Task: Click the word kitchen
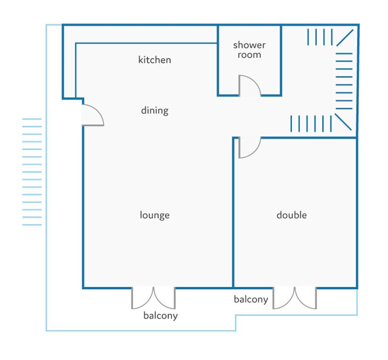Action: pyautogui.click(x=154, y=60)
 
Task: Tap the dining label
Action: pyautogui.click(x=154, y=111)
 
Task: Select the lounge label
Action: pyautogui.click(x=154, y=215)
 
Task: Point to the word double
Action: pyautogui.click(x=291, y=215)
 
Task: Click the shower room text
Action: pyautogui.click(x=249, y=50)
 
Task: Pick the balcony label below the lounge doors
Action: pyautogui.click(x=160, y=316)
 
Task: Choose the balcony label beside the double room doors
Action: pyautogui.click(x=251, y=299)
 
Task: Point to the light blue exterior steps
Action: pyautogui.click(x=32, y=172)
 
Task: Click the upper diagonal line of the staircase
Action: pyautogui.click(x=345, y=38)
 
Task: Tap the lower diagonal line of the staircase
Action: pyautogui.click(x=343, y=122)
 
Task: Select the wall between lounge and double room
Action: pyautogui.click(x=233, y=213)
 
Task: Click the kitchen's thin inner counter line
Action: pyautogui.click(x=146, y=43)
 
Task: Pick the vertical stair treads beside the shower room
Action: pyautogui.click(x=320, y=37)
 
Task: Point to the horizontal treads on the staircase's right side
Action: pyautogui.click(x=344, y=81)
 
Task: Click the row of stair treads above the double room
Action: pyautogui.click(x=311, y=124)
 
